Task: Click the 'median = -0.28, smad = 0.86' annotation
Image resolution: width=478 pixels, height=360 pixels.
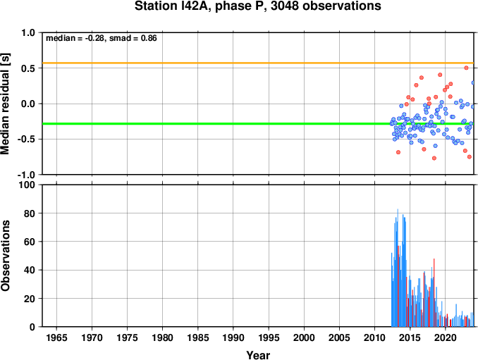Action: (102, 38)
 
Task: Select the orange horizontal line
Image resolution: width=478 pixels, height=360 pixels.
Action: (258, 63)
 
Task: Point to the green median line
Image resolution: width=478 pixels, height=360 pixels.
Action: (258, 124)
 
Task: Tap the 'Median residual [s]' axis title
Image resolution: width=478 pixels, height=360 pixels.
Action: (5, 104)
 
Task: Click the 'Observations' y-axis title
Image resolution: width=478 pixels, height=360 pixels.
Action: (5, 256)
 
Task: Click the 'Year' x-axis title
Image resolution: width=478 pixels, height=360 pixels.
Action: (258, 355)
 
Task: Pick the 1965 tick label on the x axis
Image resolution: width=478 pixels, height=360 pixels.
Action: (56, 337)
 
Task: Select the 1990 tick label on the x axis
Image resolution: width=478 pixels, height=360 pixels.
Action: (233, 337)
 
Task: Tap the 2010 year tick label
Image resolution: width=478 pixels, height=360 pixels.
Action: (374, 337)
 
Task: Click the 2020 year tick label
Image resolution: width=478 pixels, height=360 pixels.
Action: (446, 337)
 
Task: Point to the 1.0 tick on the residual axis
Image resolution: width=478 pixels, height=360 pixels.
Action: (28, 32)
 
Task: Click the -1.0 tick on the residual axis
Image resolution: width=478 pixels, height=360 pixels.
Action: (26, 175)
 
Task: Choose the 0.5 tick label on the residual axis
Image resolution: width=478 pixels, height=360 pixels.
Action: (28, 68)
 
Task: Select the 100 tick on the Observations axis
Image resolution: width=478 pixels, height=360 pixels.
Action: (27, 185)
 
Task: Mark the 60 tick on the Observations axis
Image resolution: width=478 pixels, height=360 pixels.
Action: (30, 242)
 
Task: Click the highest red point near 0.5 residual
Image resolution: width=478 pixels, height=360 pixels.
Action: (466, 68)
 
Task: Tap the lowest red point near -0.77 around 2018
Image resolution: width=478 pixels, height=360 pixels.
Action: (434, 158)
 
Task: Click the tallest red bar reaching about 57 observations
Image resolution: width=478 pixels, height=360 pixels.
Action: (398, 286)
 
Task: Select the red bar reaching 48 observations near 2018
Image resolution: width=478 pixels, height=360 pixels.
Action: (434, 292)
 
